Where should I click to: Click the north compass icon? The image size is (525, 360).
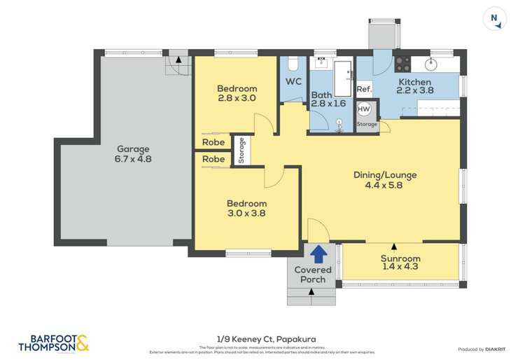click(x=496, y=20)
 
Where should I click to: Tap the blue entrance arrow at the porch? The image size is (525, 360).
click(x=318, y=253)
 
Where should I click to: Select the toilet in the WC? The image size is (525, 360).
click(x=293, y=65)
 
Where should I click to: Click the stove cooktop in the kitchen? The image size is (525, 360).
click(x=403, y=64)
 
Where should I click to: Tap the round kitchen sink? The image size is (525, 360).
click(x=432, y=65)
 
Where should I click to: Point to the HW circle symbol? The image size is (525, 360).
click(x=364, y=109)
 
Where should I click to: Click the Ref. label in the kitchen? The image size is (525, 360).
click(x=364, y=90)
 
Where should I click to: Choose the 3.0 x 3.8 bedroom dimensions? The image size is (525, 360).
click(x=246, y=213)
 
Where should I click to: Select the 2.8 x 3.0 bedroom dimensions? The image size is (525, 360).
click(x=236, y=99)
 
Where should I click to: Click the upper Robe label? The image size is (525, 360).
click(x=213, y=142)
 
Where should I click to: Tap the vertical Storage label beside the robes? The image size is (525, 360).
click(x=241, y=151)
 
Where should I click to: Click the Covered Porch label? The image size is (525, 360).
click(x=313, y=275)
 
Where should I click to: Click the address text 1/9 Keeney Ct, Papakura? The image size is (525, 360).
click(x=262, y=338)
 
